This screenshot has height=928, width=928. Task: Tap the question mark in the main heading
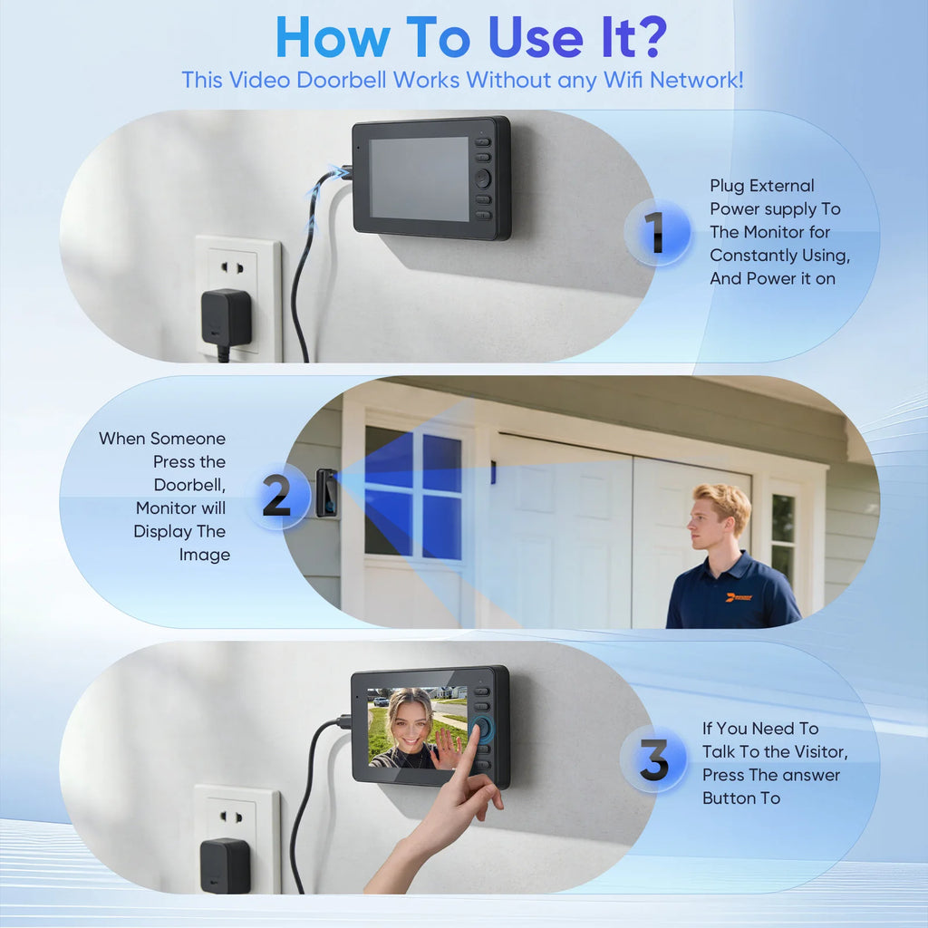(x=650, y=36)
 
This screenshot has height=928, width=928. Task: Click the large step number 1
(x=654, y=232)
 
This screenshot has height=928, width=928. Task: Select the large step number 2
(x=275, y=495)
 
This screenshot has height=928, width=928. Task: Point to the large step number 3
(x=654, y=759)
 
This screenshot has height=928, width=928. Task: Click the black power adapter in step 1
(x=226, y=320)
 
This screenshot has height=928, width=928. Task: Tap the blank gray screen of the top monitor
(x=419, y=179)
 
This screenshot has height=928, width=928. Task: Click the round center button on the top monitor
(x=483, y=179)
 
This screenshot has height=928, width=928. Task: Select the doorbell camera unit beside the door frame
(x=326, y=492)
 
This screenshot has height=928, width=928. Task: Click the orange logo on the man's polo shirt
(x=739, y=598)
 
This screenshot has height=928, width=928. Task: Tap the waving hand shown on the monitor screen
(x=448, y=748)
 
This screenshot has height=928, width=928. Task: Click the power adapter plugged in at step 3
(x=225, y=865)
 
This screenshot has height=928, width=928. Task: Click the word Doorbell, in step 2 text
(x=189, y=486)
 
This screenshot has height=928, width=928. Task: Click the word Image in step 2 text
(x=204, y=556)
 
